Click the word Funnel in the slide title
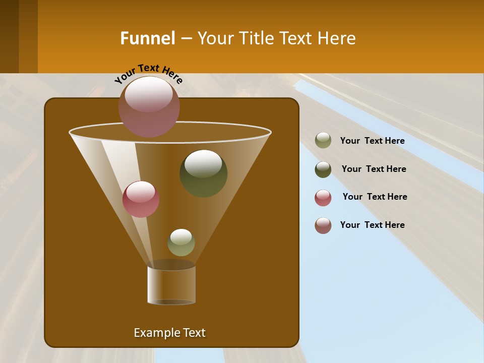click(148, 38)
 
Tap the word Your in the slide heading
click(215, 38)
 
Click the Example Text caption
click(169, 333)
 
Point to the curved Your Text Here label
click(149, 73)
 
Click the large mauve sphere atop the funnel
click(149, 106)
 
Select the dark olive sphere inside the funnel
click(204, 173)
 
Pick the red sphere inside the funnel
click(141, 199)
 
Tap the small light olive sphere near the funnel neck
click(181, 243)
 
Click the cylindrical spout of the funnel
click(171, 285)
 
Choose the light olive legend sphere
click(323, 141)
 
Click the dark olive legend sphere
click(323, 169)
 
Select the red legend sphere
click(323, 198)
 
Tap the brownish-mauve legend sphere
click(323, 225)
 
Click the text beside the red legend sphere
click(375, 197)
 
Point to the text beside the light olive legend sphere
click(372, 141)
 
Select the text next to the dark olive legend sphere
click(374, 169)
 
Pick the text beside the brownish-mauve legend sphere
click(372, 225)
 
